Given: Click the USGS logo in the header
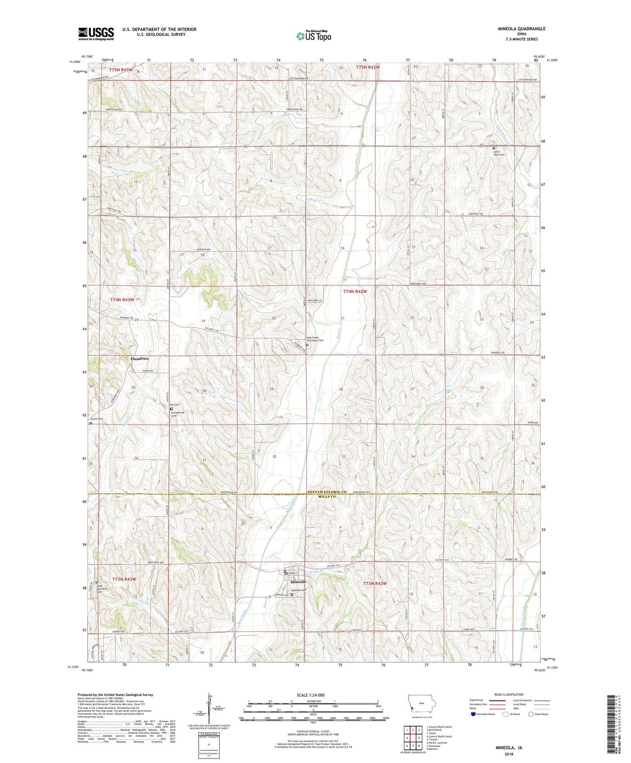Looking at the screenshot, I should coord(96,34).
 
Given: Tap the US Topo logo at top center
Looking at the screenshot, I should coord(314,36).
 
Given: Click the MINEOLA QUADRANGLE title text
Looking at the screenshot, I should coord(521,29).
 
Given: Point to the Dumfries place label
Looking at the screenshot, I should coord(140,358).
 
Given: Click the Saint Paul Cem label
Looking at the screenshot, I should coord(499,153).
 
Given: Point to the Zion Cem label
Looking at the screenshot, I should coord(174,405).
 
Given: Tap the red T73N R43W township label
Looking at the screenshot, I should coord(124,579).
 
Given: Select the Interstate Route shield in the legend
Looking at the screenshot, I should coord(473,714).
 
